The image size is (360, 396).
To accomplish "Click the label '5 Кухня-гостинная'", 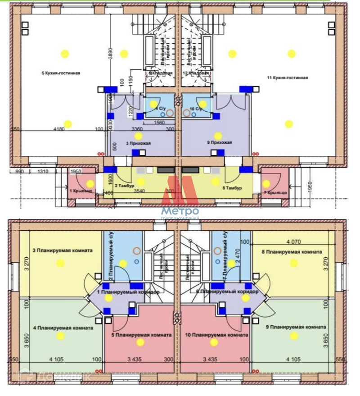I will (x=61, y=73).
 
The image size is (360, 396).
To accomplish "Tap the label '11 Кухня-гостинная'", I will (x=288, y=78).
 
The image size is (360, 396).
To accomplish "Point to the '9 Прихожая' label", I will (x=220, y=143).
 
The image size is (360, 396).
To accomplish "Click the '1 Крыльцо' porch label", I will (x=81, y=191).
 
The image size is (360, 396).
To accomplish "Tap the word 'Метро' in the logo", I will (x=180, y=211).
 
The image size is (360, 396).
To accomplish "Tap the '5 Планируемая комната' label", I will (x=142, y=335).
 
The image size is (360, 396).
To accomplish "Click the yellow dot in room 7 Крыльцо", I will (x=266, y=184).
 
